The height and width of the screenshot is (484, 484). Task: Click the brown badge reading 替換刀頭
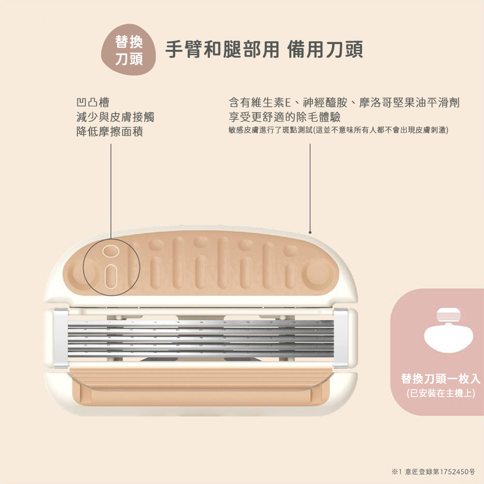(x=128, y=50)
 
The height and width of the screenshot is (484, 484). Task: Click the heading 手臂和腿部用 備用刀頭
(x=264, y=49)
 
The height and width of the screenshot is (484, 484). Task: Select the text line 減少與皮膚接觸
(x=115, y=117)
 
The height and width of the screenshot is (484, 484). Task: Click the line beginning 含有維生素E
(x=344, y=103)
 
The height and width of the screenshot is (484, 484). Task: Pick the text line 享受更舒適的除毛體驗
(x=285, y=117)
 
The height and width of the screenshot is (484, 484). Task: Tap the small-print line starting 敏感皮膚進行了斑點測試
(x=339, y=130)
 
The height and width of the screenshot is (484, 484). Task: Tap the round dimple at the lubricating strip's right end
(x=317, y=274)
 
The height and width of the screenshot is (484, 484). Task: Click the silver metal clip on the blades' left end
(x=61, y=337)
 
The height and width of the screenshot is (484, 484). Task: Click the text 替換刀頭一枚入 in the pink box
(x=440, y=378)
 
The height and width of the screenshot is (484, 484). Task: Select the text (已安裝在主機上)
(x=440, y=393)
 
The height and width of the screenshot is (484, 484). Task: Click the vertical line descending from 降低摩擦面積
(x=111, y=189)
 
